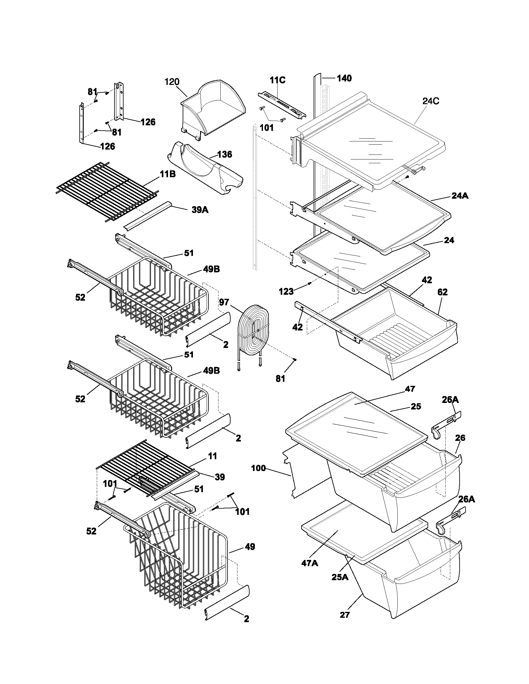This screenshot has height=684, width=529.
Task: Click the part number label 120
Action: [x=172, y=82]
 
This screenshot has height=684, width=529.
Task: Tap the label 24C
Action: [x=431, y=101]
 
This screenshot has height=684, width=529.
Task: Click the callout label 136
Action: [x=225, y=154]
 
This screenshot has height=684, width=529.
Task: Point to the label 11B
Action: [x=168, y=174]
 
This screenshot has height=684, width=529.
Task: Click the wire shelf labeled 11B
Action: [x=106, y=191]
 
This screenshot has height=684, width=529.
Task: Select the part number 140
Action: [x=344, y=78]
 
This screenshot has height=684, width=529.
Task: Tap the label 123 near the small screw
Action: [x=286, y=292]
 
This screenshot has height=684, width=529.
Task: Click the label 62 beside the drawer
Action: [x=442, y=292]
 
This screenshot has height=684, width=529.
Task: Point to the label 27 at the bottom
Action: [x=344, y=615]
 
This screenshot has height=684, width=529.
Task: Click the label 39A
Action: [x=200, y=210]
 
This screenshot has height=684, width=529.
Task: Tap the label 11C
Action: [x=278, y=80]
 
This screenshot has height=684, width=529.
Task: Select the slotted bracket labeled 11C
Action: [x=281, y=105]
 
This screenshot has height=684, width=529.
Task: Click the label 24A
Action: [x=460, y=196]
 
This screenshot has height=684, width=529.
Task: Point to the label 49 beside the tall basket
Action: [x=250, y=547]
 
